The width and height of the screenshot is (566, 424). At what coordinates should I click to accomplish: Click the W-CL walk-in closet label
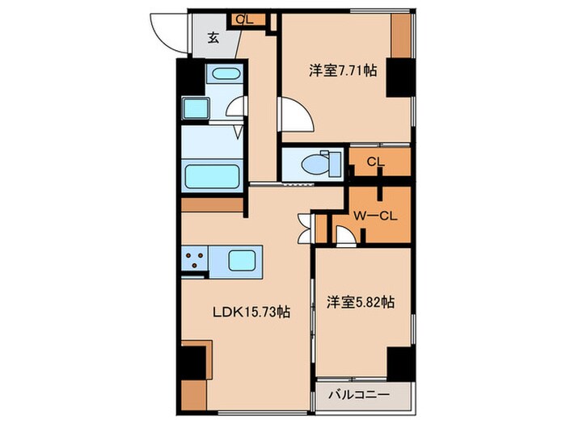point(374,216)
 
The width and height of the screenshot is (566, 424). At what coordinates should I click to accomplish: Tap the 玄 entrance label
point(213,36)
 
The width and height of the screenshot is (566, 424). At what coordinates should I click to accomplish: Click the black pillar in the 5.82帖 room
point(399,363)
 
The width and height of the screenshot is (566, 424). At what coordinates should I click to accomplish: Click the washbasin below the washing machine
point(194,110)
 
